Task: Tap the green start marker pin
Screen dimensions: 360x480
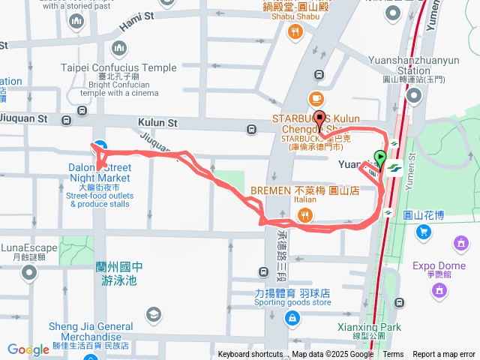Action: pyautogui.click(x=380, y=159)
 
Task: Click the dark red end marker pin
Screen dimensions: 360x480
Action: pyautogui.click(x=320, y=118)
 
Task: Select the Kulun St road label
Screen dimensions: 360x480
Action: pyautogui.click(x=157, y=121)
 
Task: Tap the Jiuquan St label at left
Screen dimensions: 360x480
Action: pyautogui.click(x=24, y=118)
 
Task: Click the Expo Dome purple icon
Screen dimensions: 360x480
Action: pyautogui.click(x=460, y=243)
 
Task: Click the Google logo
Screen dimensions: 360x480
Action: pyautogui.click(x=28, y=349)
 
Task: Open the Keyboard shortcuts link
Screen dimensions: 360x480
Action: pyautogui.click(x=250, y=355)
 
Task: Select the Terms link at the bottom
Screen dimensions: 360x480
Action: pyautogui.click(x=393, y=355)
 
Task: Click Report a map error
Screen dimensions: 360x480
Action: pyautogui.click(x=444, y=355)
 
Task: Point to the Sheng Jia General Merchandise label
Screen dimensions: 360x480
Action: pyautogui.click(x=91, y=331)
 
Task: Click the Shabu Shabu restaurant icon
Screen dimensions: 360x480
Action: pyautogui.click(x=296, y=31)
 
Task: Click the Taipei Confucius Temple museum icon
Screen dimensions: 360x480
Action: pyautogui.click(x=118, y=49)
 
